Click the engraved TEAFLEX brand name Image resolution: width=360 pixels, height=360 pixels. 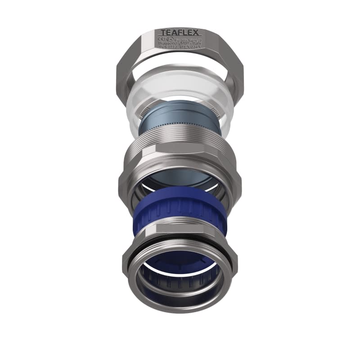180,33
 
